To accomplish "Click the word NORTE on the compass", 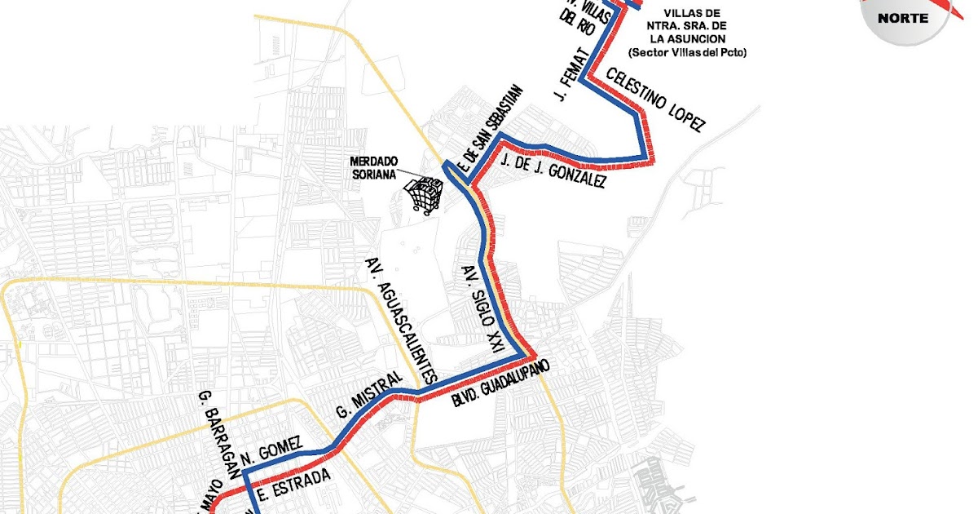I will [902, 17].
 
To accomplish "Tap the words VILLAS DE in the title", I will [692, 13].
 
